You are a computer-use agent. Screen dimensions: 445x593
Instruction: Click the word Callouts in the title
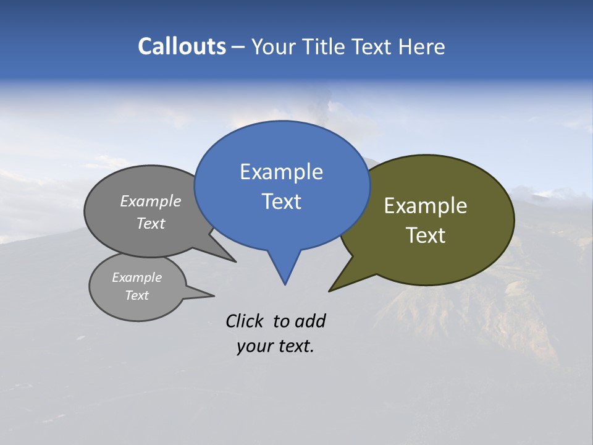tap(182, 46)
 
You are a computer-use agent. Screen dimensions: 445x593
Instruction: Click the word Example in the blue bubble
tap(281, 172)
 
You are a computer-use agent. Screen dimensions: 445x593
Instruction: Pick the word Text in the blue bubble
tap(281, 201)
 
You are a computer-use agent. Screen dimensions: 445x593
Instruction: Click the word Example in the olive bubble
tap(426, 206)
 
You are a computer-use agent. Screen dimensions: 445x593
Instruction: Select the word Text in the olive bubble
tap(426, 235)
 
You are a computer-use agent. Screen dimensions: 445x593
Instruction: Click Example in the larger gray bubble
tap(151, 201)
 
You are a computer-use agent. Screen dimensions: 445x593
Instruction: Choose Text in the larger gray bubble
tap(151, 223)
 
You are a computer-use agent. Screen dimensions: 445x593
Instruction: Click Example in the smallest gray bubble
tap(137, 278)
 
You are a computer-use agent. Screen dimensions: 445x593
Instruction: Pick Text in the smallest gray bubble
tap(137, 295)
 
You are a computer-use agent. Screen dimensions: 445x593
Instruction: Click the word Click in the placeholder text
tap(245, 321)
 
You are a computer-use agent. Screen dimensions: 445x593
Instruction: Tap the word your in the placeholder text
tap(254, 346)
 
